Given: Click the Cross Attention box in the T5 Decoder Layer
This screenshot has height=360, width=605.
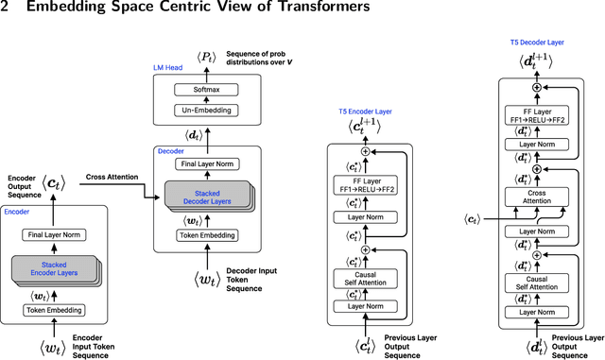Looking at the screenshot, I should click(536, 196).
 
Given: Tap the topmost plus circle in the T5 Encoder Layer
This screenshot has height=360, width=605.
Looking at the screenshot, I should click(365, 152).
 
